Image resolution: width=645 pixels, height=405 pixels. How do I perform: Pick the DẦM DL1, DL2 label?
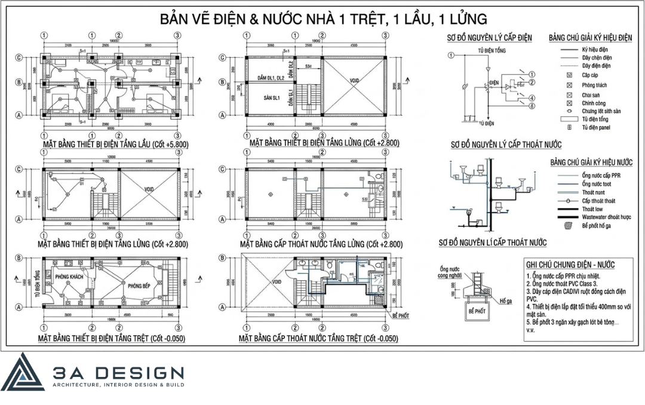coord(267,78)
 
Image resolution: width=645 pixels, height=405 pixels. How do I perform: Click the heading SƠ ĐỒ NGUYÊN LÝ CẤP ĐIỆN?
coord(489,38)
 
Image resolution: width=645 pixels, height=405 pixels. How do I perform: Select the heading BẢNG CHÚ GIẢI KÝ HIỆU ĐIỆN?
coord(590,38)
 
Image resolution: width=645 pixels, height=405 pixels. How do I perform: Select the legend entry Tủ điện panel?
coord(595,127)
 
